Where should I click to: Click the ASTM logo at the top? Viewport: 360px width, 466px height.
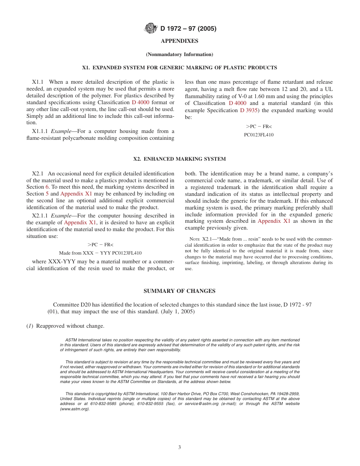click(x=151, y=28)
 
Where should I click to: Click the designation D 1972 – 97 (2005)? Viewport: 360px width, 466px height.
click(x=188, y=28)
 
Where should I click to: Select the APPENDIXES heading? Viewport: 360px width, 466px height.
click(x=180, y=41)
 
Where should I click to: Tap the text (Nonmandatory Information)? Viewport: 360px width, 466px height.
click(x=180, y=55)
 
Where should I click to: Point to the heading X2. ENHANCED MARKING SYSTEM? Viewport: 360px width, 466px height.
click(x=180, y=159)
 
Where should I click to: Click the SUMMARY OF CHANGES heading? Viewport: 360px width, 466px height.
click(x=180, y=291)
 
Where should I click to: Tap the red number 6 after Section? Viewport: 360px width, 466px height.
click(x=47, y=187)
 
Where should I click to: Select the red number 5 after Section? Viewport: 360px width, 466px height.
click(x=47, y=194)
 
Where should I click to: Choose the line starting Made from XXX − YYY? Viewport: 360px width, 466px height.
click(x=100, y=253)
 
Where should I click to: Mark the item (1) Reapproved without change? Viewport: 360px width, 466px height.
click(x=65, y=326)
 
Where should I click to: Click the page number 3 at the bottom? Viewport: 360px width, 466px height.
click(x=180, y=447)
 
